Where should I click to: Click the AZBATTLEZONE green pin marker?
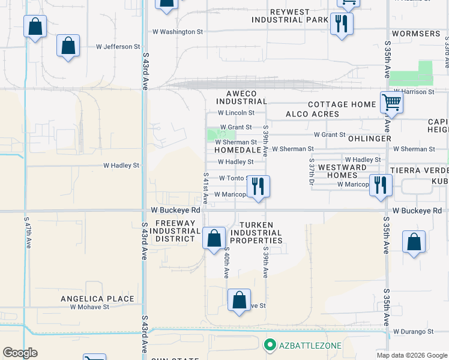[270, 345]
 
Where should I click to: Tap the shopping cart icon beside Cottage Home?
[391, 103]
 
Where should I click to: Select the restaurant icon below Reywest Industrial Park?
[342, 25]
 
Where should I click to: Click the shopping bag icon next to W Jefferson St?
[68, 46]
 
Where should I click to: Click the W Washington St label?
[178, 31]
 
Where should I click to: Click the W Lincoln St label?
[236, 112]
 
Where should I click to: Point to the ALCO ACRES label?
[312, 114]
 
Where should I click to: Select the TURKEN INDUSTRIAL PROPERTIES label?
[256, 233]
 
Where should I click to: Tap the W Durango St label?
[414, 331]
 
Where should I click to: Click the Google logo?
[20, 352]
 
